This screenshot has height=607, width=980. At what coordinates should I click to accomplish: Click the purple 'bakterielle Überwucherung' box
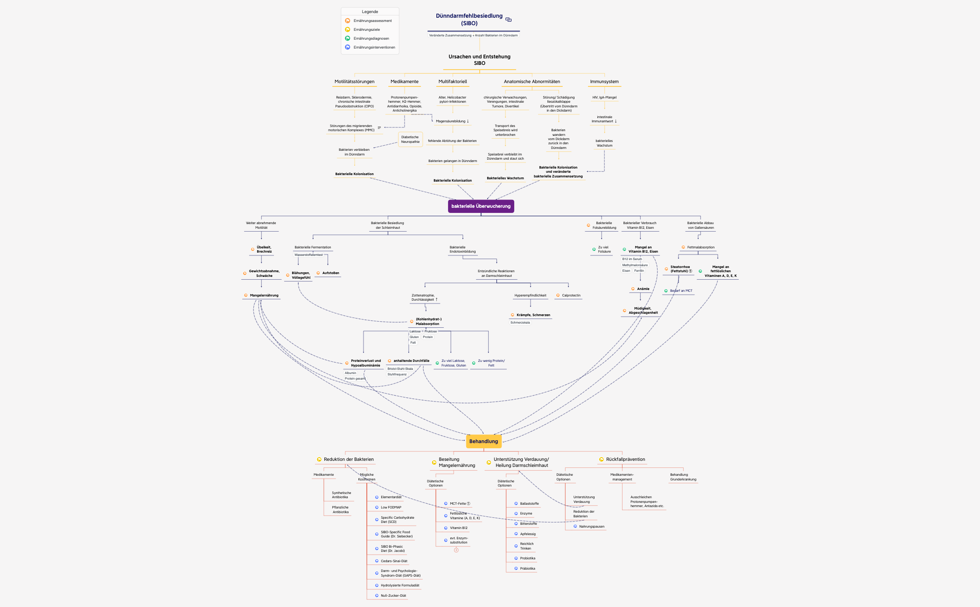[481, 206]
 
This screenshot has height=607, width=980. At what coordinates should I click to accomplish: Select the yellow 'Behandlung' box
[483, 441]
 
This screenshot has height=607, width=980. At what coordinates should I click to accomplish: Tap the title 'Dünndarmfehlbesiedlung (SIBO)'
[469, 20]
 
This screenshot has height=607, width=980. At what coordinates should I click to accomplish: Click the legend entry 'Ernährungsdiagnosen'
[371, 38]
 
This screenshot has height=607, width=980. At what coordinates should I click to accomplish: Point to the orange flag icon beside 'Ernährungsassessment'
[348, 21]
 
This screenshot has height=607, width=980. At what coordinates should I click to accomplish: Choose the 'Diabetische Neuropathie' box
[410, 139]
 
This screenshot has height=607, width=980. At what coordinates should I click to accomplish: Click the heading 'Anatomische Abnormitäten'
[532, 82]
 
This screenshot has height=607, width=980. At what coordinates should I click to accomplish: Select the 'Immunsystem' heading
[604, 82]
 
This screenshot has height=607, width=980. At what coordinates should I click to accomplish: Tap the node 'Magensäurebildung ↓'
[452, 121]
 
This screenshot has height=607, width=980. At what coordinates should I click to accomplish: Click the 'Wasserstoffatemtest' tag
[308, 255]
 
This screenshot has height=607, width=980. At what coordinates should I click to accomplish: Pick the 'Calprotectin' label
[571, 296]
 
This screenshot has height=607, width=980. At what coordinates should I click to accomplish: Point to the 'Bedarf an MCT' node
[681, 291]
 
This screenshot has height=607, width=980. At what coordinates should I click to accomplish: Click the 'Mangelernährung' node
[264, 296]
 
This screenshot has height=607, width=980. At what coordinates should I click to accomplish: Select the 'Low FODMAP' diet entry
[391, 508]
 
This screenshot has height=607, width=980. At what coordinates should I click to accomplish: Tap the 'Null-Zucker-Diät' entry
[393, 596]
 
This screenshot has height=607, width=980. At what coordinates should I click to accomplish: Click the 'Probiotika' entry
[527, 558]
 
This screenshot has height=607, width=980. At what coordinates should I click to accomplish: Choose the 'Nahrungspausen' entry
[591, 527]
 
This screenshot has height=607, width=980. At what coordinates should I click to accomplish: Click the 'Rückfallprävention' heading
[625, 459]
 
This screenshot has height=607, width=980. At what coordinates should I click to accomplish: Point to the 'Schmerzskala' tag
[520, 323]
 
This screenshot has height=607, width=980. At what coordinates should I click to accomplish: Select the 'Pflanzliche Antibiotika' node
[340, 510]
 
